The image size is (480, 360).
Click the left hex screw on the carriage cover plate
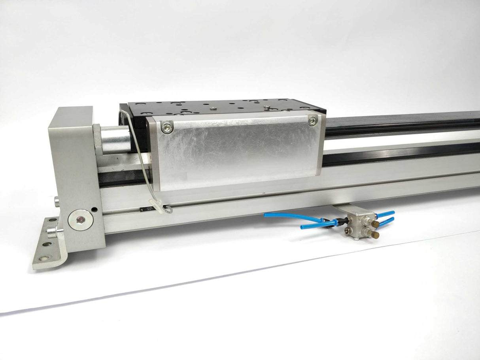pyautogui.click(x=167, y=127)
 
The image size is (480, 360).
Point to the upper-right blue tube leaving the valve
pyautogui.click(x=387, y=214)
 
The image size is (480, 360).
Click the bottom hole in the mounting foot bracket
pyautogui.click(x=42, y=259)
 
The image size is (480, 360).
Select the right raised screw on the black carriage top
pyautogui.click(x=267, y=107)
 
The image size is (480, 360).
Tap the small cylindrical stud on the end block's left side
pyautogui.click(x=57, y=202)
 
